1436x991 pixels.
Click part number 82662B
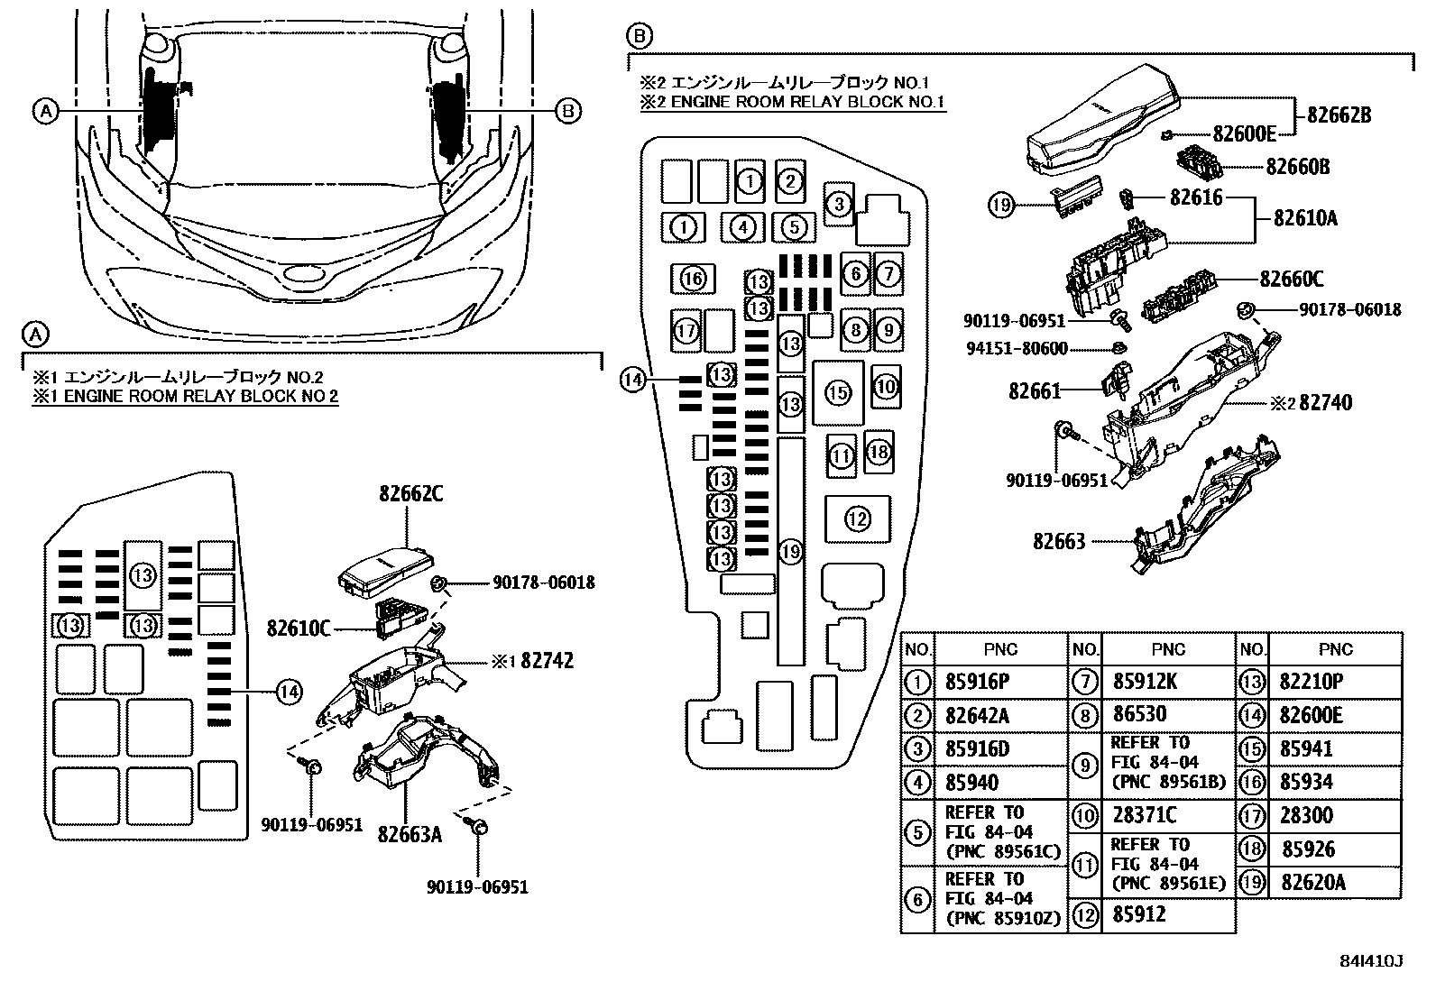(1339, 115)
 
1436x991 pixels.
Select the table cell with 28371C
(1145, 816)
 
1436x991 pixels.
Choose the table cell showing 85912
(1139, 915)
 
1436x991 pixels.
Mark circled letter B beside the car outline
(566, 110)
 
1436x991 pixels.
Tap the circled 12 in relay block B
(857, 518)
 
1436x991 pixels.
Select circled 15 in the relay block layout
(838, 392)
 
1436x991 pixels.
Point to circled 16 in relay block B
(693, 279)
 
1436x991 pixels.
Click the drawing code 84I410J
(1372, 961)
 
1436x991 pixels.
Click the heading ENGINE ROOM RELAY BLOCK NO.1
(792, 102)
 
